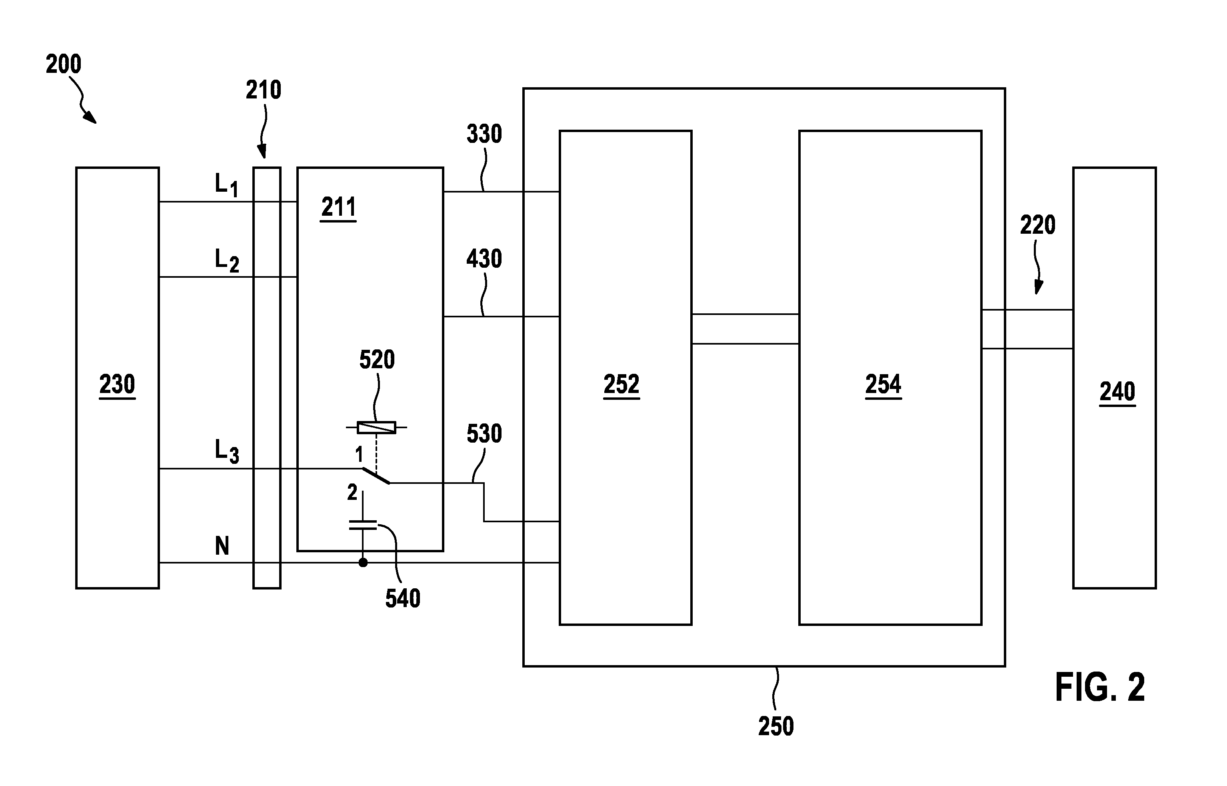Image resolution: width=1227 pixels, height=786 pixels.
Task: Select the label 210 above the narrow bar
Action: [263, 90]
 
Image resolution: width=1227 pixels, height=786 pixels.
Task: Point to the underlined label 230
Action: [117, 384]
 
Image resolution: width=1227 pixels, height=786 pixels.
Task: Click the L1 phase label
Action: [226, 185]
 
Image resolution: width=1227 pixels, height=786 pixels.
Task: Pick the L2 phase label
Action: [226, 260]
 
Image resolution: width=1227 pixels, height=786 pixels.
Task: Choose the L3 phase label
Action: [226, 451]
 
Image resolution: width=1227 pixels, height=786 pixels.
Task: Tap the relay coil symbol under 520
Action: [376, 427]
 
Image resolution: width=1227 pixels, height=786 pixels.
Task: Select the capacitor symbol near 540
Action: [363, 525]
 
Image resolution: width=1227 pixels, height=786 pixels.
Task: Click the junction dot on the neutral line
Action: [363, 562]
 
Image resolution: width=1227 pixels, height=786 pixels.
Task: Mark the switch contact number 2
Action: [352, 492]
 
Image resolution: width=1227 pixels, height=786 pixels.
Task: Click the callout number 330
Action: [484, 134]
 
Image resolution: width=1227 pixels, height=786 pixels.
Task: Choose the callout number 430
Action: [484, 259]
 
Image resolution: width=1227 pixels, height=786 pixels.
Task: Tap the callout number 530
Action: [484, 434]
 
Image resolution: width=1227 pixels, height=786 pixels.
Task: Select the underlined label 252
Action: [621, 384]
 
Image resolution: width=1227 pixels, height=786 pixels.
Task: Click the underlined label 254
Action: [883, 384]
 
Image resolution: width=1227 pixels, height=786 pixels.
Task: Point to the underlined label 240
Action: [1117, 392]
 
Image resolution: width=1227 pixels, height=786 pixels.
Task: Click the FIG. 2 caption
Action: [1099, 688]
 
